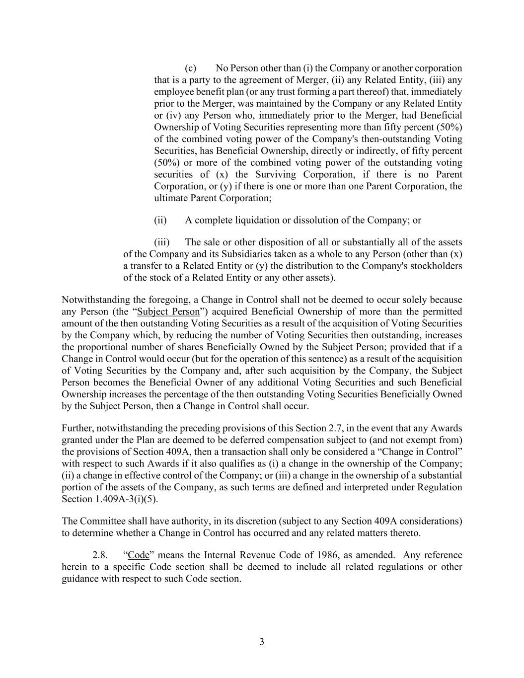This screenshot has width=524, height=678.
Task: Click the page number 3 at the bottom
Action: coord(262,642)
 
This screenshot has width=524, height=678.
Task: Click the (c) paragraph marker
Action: coord(190,68)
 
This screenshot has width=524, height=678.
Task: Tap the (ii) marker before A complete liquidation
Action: coord(160,220)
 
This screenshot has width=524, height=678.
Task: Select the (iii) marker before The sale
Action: coord(161,242)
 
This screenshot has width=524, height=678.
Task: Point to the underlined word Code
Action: coord(139,555)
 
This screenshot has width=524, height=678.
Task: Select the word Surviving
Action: coord(276,175)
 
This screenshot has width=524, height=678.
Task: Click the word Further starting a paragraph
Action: coord(77,428)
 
